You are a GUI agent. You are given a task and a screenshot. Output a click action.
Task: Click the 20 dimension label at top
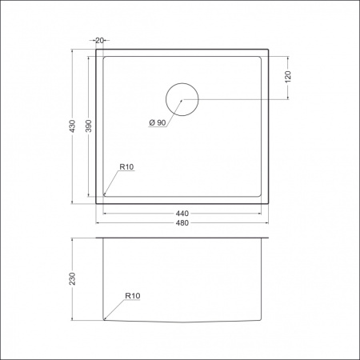click(x=99, y=40)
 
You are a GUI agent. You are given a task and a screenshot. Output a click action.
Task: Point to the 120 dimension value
click(x=287, y=77)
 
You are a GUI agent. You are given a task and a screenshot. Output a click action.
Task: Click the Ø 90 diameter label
click(x=157, y=122)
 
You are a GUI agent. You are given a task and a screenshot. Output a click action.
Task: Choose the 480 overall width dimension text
click(x=182, y=223)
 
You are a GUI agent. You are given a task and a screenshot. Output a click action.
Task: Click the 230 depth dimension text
click(x=73, y=279)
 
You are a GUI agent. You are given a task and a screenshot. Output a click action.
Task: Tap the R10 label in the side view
click(x=133, y=297)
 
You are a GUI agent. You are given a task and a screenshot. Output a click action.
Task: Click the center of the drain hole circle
click(x=182, y=99)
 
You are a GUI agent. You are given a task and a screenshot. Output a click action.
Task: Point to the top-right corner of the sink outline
click(x=268, y=50)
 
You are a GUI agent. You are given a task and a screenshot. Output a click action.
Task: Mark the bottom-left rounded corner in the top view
click(x=106, y=194)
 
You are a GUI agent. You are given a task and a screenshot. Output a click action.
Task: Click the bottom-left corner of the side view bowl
click(x=104, y=320)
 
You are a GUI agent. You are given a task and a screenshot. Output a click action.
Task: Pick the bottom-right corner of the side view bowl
click(x=262, y=320)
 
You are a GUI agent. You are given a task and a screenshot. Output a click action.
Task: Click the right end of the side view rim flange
click(x=269, y=238)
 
